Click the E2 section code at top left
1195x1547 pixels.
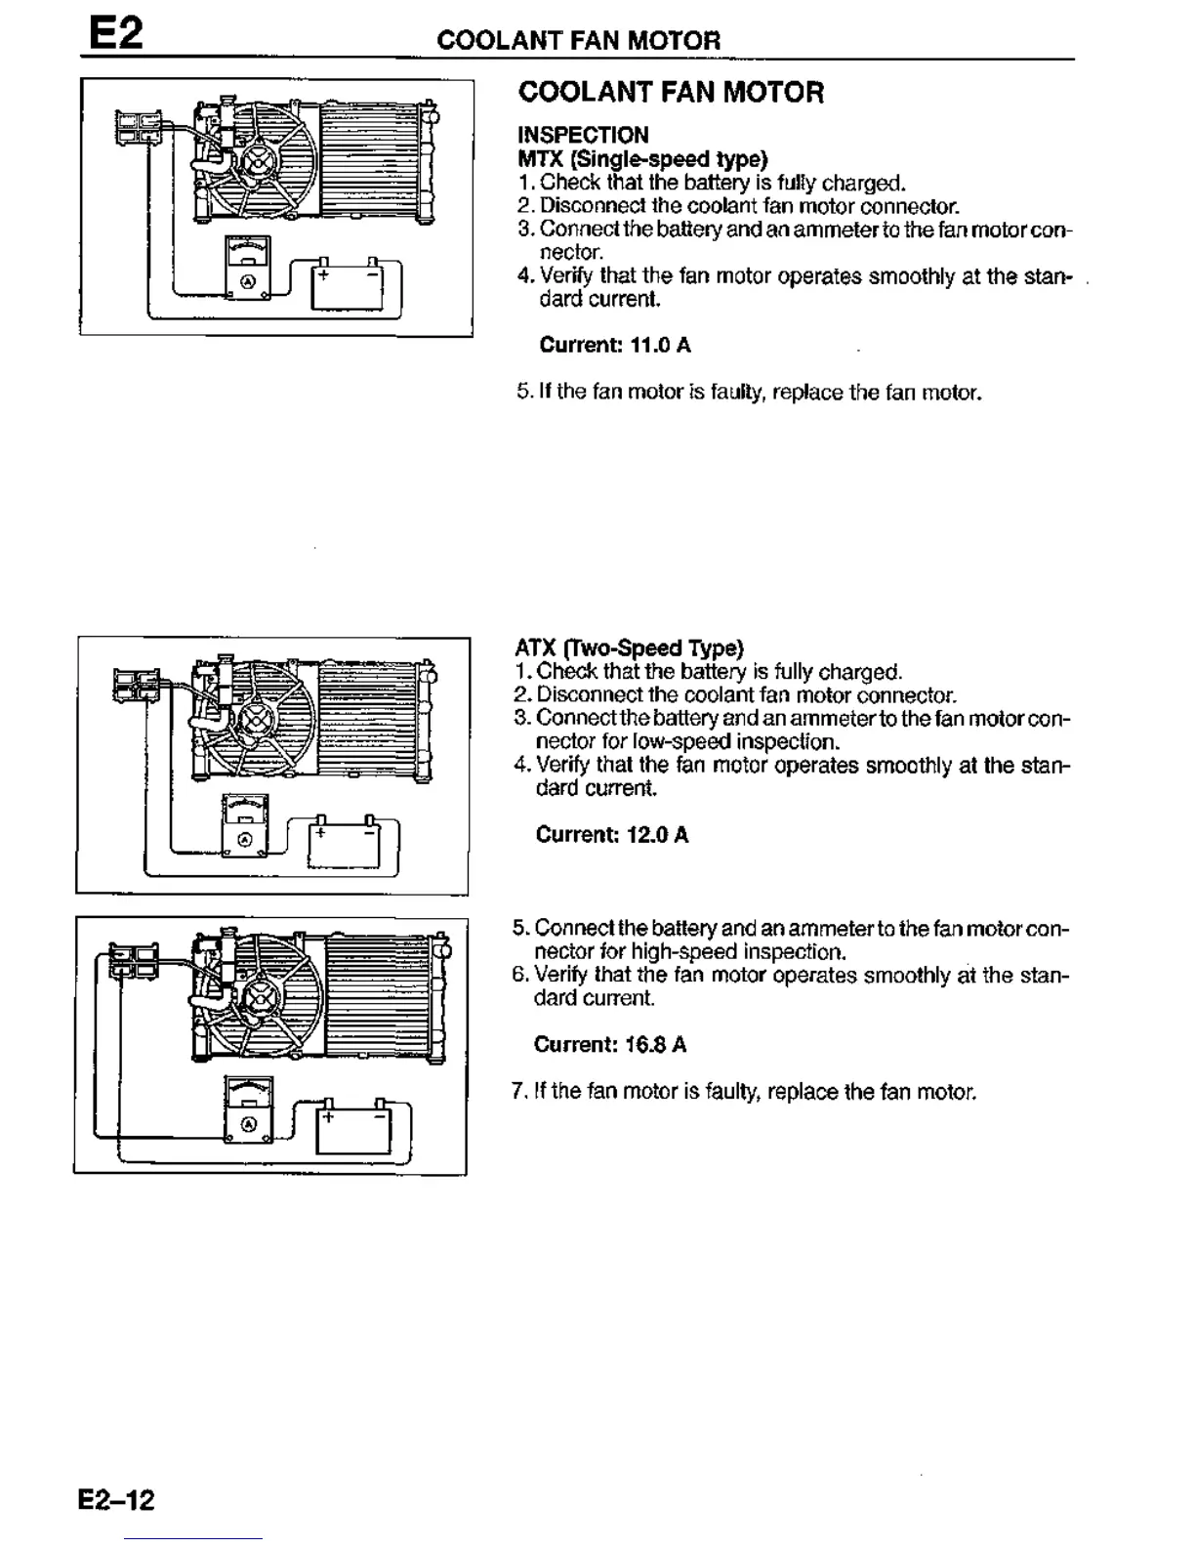coord(116,34)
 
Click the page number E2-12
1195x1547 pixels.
coord(117,1499)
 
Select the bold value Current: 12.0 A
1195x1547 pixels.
coord(611,835)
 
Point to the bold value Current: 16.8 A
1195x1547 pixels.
coord(609,1045)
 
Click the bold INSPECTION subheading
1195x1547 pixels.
coord(582,135)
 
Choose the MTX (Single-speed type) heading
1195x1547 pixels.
coord(641,158)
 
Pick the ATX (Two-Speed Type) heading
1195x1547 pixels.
coord(629,648)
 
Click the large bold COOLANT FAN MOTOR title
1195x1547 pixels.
coord(671,93)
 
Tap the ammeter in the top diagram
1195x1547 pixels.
coord(248,267)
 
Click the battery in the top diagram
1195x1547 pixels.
coord(347,284)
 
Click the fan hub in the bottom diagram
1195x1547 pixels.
coord(261,999)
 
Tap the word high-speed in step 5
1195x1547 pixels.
coord(683,951)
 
